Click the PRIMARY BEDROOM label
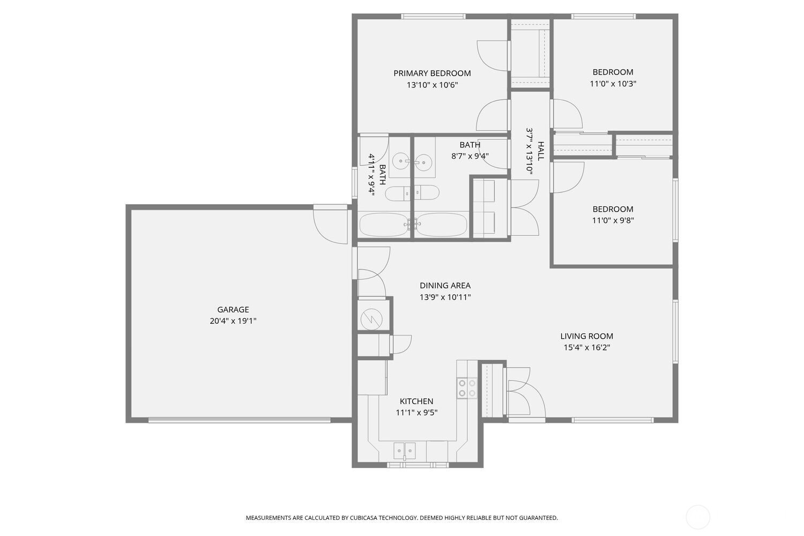432,73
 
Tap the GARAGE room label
233,309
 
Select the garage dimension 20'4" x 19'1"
233,321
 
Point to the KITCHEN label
416,401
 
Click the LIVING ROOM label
587,336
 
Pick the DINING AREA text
445,285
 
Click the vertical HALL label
540,151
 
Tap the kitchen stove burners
467,388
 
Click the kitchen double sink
405,451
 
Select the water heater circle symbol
371,319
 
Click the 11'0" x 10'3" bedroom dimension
613,84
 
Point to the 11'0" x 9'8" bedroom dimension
613,220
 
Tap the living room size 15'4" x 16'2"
587,347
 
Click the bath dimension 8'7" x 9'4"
470,156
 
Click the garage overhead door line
240,420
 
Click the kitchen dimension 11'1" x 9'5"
416,413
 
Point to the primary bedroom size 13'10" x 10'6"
432,85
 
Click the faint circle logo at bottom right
698,517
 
